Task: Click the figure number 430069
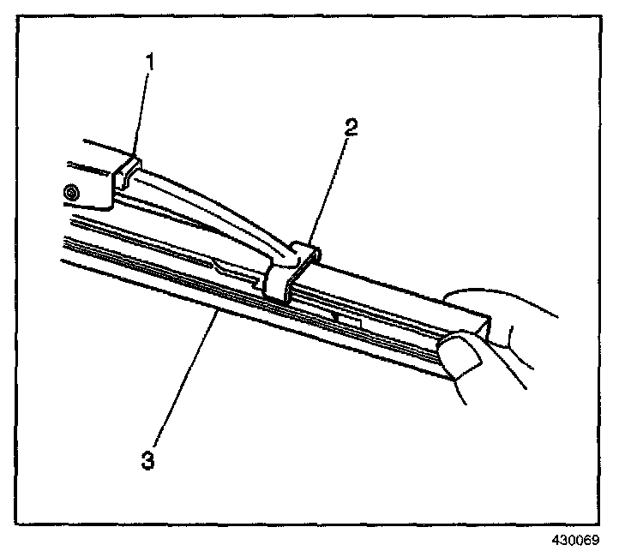click(574, 541)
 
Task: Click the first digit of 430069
click(556, 541)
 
